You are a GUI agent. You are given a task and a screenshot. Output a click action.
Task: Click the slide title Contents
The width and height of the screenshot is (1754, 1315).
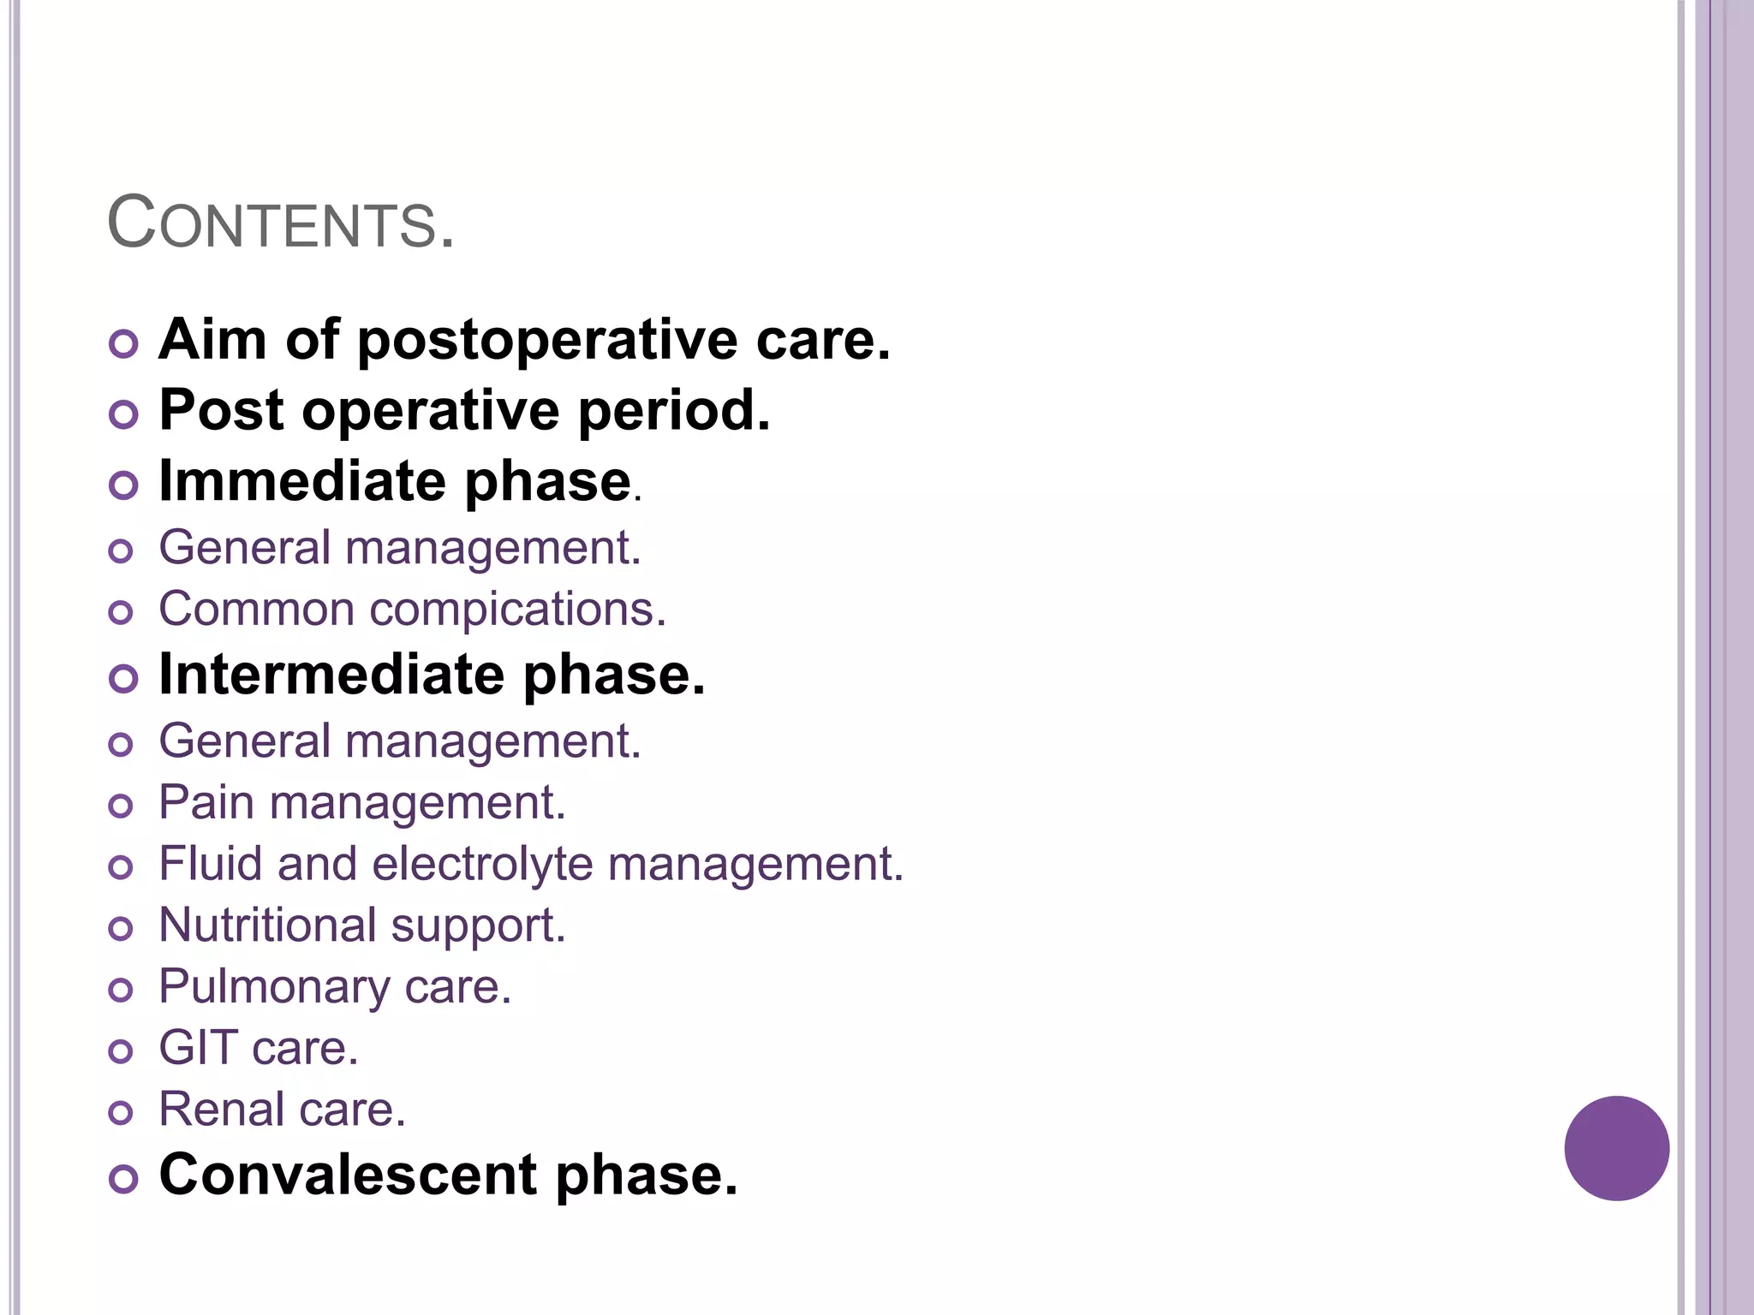pyautogui.click(x=280, y=223)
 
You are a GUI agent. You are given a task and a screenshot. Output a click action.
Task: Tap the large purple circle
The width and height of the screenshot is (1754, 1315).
pyautogui.click(x=1616, y=1148)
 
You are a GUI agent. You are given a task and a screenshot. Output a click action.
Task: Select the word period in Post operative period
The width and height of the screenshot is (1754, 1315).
pyautogui.click(x=674, y=412)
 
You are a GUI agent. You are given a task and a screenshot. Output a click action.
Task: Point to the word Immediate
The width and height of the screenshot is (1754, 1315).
pyautogui.click(x=302, y=481)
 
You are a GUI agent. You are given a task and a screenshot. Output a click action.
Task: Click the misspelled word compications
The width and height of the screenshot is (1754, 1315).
pyautogui.click(x=517, y=610)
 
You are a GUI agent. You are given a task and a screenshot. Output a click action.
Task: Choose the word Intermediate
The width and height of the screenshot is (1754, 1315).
pyautogui.click(x=332, y=675)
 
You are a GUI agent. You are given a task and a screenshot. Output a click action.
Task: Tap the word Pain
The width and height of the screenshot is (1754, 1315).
pyautogui.click(x=206, y=803)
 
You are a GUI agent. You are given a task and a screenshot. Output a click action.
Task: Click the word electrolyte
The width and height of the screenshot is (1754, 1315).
pyautogui.click(x=482, y=864)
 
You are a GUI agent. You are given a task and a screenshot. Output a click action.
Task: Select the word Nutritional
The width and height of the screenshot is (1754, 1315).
pyautogui.click(x=267, y=925)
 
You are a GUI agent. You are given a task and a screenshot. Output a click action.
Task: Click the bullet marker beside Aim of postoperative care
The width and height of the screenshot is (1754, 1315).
pyautogui.click(x=123, y=344)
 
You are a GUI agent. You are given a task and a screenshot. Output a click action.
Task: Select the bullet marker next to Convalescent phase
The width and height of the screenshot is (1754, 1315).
pyautogui.click(x=123, y=1179)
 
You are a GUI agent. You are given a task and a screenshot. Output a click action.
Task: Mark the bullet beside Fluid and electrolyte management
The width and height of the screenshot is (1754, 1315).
pyautogui.click(x=122, y=867)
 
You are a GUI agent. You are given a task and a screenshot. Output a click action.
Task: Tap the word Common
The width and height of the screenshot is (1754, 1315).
pyautogui.click(x=256, y=610)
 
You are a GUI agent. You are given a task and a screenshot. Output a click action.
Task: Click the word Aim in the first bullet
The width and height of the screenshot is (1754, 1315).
pyautogui.click(x=213, y=340)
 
